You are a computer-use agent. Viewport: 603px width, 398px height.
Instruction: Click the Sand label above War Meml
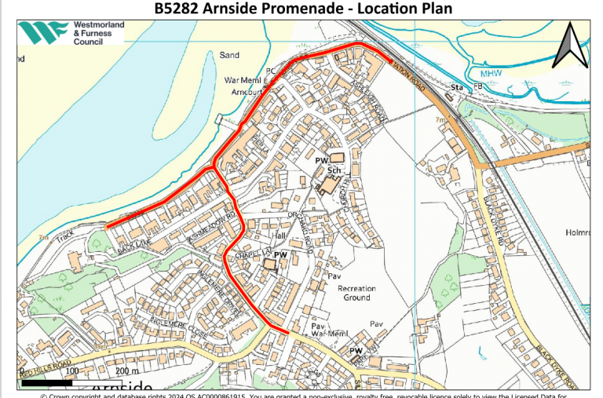tap(229, 56)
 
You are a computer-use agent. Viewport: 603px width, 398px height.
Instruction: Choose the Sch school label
tap(333, 170)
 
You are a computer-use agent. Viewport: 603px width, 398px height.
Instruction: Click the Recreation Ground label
tap(356, 294)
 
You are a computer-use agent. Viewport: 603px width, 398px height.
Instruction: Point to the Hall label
tap(277, 236)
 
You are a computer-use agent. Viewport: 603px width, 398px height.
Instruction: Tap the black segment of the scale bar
tap(44, 384)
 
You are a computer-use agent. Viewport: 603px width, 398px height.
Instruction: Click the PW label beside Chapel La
tap(280, 255)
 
